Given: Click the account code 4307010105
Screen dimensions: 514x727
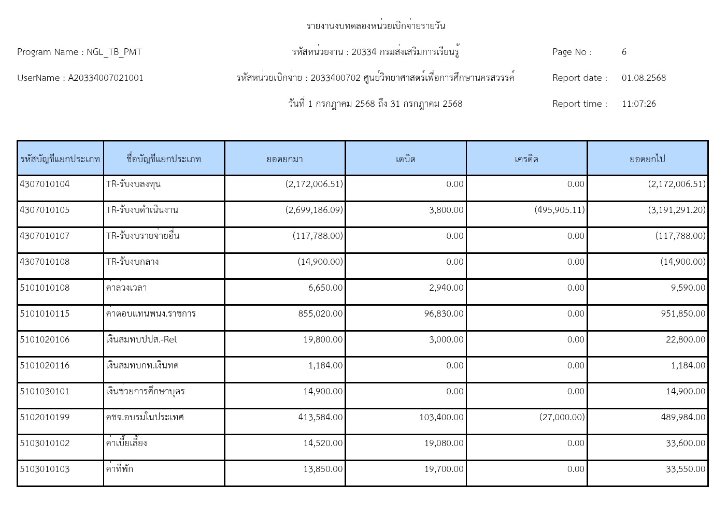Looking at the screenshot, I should (45, 210).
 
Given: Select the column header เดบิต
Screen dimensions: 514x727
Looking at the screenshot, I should (405, 159).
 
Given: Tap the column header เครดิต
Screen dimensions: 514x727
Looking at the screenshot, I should (526, 159).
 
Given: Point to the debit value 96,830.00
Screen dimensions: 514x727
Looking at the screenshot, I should (444, 313).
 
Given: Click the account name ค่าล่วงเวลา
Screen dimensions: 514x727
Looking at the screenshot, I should (126, 288).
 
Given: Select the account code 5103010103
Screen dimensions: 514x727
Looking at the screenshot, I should (45, 469).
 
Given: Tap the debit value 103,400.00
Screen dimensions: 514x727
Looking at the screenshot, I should (441, 417).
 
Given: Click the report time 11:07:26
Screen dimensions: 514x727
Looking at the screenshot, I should (638, 104).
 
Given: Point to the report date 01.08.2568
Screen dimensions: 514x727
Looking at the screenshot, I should (644, 78).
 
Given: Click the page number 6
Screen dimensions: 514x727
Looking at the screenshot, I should (624, 52).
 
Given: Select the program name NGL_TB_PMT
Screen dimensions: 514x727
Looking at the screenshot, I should (114, 52).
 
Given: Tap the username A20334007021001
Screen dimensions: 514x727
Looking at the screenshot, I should (106, 78).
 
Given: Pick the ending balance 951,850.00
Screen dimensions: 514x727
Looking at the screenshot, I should (683, 313).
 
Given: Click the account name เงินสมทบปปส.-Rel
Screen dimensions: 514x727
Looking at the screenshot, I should (141, 339).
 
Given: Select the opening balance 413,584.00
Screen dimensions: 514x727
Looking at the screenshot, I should (320, 417).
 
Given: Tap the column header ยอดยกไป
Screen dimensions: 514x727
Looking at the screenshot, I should (647, 159).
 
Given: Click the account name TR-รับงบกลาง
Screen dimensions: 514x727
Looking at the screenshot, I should (133, 262).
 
